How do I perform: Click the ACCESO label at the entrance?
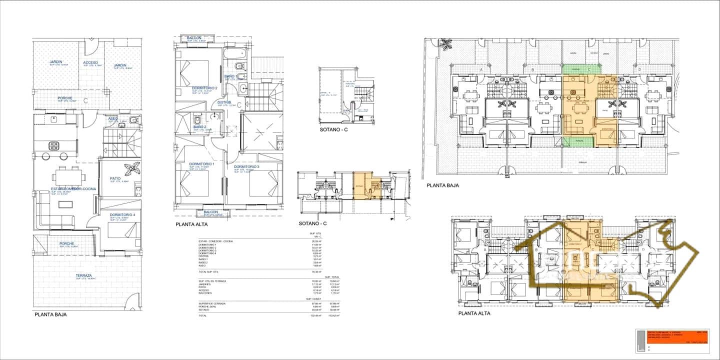tap(90, 62)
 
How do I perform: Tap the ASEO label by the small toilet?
tap(113, 118)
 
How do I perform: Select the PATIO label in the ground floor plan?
tap(115, 178)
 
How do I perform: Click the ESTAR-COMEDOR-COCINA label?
tap(73, 189)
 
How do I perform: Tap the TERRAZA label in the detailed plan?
tap(83, 275)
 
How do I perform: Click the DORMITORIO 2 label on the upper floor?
tap(204, 88)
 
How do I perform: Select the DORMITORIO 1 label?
tap(201, 164)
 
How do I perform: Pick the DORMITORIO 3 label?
tap(247, 166)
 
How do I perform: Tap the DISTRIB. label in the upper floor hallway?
tap(224, 102)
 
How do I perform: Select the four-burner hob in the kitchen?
tap(54, 145)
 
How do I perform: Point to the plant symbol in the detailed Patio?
tap(132, 169)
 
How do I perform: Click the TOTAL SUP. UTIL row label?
tap(208, 271)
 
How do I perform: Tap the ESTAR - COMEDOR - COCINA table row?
tap(215, 241)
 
